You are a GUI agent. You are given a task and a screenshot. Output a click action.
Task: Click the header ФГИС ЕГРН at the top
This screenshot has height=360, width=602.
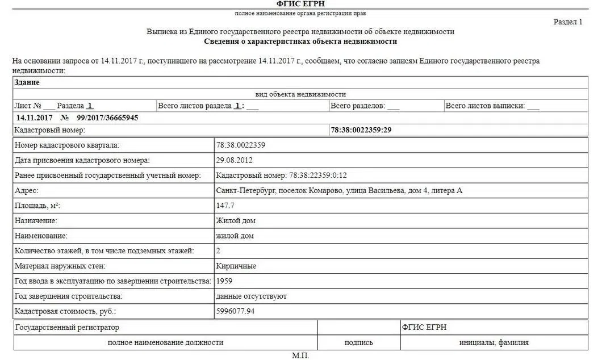point(300,4)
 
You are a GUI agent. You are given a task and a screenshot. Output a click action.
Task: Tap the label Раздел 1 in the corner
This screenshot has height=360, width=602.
point(568,22)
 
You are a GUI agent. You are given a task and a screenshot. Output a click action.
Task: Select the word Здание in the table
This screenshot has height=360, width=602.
point(27,82)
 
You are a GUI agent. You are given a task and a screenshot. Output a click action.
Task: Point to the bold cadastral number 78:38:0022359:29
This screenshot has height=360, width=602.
point(361,130)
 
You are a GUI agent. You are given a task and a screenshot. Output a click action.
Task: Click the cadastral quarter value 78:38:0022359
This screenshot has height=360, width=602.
point(241,145)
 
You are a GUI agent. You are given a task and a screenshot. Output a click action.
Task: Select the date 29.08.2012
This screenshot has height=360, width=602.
point(235,160)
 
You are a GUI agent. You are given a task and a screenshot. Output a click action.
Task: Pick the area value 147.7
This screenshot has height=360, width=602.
point(225,206)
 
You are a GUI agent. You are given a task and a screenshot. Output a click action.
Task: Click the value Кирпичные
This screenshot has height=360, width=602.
point(236,266)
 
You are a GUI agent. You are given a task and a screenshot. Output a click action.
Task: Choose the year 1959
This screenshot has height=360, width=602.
point(224,281)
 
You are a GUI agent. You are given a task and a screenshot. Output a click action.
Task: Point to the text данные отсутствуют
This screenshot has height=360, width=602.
point(252,296)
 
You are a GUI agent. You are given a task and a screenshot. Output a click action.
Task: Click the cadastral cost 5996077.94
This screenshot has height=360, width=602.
point(235,311)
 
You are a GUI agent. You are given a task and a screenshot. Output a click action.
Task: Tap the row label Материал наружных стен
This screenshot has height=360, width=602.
point(60,266)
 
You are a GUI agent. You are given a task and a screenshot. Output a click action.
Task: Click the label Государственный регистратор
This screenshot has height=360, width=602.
point(67,328)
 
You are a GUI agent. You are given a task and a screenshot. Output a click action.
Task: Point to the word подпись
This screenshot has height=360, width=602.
point(359,342)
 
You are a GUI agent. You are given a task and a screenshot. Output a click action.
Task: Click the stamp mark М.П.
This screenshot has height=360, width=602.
point(300,355)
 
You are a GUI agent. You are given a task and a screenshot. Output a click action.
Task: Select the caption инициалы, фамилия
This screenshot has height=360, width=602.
point(494,342)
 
